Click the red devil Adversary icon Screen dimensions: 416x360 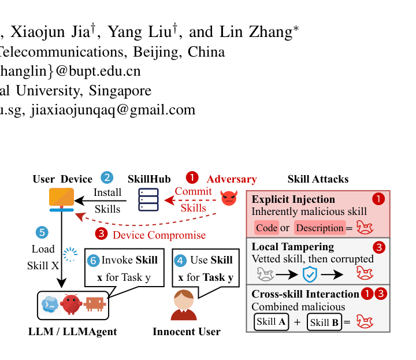(229, 198)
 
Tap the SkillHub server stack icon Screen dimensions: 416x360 (148, 199)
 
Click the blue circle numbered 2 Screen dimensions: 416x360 (107, 177)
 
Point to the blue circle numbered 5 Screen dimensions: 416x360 (42, 232)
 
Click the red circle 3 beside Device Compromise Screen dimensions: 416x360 (101, 233)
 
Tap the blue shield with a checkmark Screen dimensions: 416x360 (310, 274)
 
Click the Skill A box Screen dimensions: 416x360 (271, 322)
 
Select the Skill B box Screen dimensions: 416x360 (324, 322)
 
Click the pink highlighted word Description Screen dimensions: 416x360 (320, 228)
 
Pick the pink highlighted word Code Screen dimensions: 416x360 (266, 228)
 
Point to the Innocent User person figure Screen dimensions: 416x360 (184, 305)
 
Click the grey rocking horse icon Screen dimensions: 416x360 (265, 274)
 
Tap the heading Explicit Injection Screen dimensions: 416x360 (293, 199)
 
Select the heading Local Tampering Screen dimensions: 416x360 (292, 247)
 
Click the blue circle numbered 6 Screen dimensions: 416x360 (94, 261)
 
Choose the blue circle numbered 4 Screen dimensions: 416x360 (180, 261)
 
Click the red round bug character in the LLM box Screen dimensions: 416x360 (71, 305)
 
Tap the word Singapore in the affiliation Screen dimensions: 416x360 (120, 91)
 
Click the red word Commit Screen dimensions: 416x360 (193, 191)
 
